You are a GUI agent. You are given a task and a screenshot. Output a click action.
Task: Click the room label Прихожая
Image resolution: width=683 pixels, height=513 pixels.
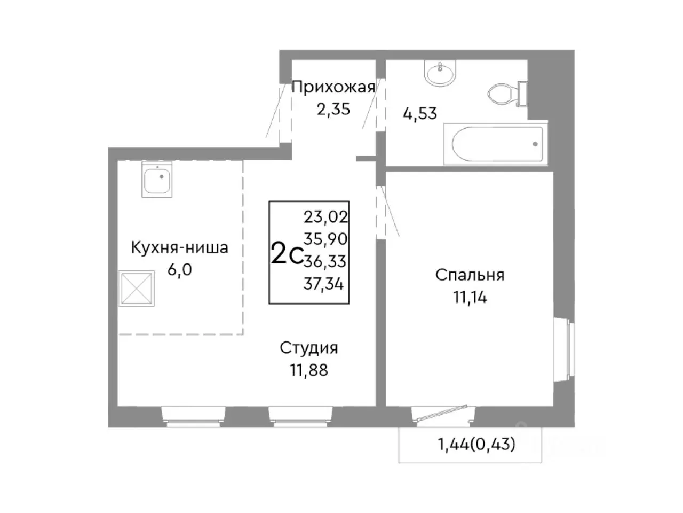(333, 87)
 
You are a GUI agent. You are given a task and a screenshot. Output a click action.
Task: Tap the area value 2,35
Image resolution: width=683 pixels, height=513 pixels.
(333, 110)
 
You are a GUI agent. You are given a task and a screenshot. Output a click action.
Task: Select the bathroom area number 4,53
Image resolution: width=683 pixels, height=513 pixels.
(420, 113)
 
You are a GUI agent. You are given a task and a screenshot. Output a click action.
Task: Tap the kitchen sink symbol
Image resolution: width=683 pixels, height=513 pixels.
(157, 180)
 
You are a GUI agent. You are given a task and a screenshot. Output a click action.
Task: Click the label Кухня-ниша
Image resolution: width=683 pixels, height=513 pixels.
(180, 247)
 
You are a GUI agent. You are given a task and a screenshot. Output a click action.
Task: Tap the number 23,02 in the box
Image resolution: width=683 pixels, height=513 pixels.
(325, 216)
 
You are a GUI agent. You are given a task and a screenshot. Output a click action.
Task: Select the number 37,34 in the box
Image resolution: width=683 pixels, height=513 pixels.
(324, 284)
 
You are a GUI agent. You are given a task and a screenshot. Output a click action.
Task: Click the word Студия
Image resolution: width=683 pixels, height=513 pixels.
(309, 348)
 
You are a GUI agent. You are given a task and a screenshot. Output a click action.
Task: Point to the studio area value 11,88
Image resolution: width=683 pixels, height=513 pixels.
(309, 370)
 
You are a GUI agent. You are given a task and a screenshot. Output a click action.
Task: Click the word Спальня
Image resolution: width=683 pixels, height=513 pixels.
(470, 275)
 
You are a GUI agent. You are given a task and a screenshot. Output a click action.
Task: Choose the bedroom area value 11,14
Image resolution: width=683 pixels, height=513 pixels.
(470, 297)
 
